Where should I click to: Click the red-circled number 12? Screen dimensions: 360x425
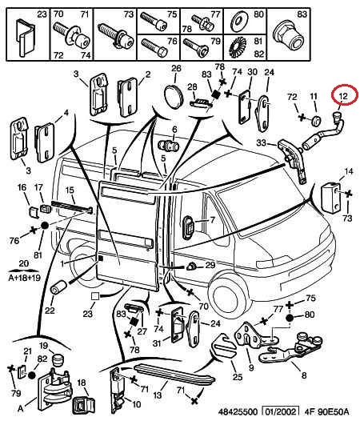tap(343, 95)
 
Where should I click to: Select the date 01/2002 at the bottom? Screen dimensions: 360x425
tap(281, 412)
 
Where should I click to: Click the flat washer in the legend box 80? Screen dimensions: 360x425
tap(239, 21)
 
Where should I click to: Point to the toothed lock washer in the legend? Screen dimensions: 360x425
tap(238, 48)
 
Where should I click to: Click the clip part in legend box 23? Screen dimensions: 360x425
tap(26, 38)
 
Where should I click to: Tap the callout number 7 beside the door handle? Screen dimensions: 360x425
tap(212, 220)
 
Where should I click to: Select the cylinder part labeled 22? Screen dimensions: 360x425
tap(58, 288)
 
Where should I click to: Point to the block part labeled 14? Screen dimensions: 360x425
tap(330, 198)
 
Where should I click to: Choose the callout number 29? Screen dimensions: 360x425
tap(210, 265)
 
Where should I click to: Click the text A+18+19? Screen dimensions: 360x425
tap(24, 278)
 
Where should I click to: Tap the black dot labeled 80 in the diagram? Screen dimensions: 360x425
tap(290, 318)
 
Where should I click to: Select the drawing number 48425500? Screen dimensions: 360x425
tap(238, 412)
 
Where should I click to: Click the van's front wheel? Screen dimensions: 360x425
tap(226, 295)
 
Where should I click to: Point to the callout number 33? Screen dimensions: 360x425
tap(261, 142)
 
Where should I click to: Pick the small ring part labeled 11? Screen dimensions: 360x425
tap(315, 121)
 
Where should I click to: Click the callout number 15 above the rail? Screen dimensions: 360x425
tap(70, 190)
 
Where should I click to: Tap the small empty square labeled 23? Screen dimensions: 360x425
tap(95, 296)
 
